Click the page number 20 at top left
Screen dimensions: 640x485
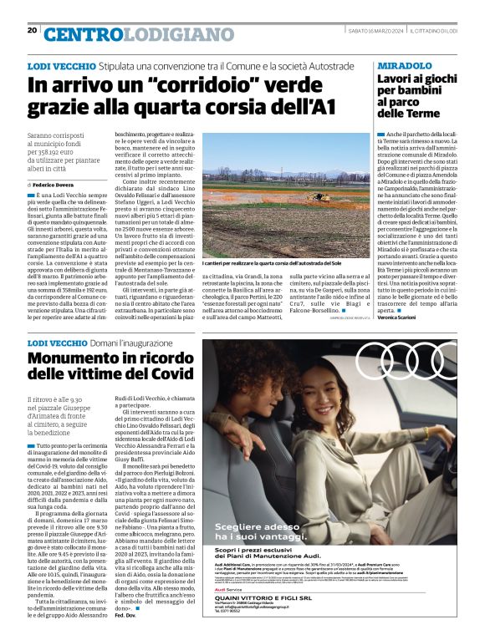[x=32, y=30]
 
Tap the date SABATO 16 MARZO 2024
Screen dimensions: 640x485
[x=374, y=31]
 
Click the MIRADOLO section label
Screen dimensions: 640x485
[x=404, y=65]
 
